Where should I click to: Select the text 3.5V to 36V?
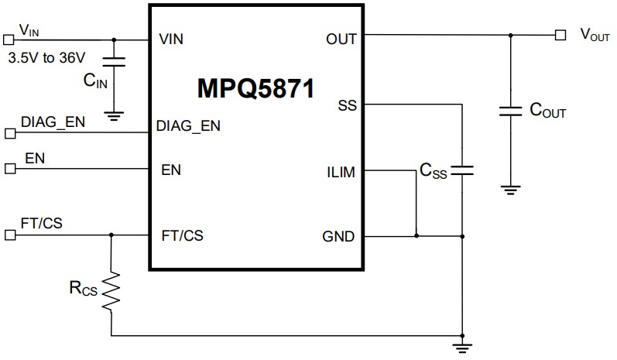pos(46,57)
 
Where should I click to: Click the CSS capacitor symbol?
pos(462,171)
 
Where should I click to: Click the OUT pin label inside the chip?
pos(341,38)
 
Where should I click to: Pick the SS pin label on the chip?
pos(348,105)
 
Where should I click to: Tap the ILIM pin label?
pos(341,172)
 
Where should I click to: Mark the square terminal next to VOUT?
pos(560,35)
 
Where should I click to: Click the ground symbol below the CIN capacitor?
pos(114,117)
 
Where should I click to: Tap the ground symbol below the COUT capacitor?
pos(510,189)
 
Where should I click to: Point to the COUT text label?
pos(547,111)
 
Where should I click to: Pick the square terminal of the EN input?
pos(9,167)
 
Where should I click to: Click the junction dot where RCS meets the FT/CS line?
pos(111,234)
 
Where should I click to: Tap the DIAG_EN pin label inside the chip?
pos(188,126)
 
